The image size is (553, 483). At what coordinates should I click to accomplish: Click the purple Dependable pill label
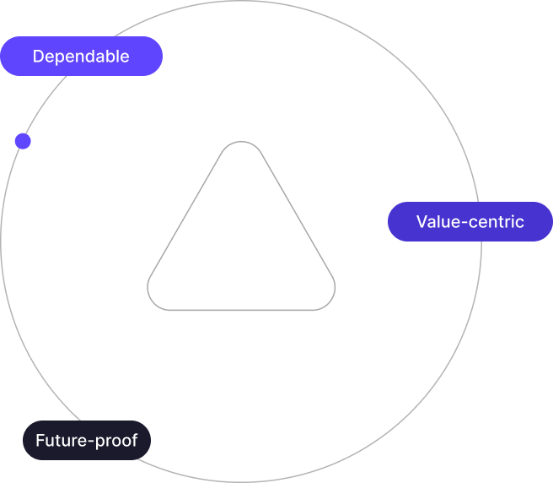tap(81, 57)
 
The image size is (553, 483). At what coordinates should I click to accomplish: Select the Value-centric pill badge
tap(470, 222)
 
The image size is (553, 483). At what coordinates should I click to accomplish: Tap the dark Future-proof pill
tap(86, 440)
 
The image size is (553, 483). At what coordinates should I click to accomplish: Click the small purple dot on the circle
tap(23, 141)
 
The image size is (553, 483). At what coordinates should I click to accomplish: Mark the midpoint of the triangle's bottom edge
tap(241, 310)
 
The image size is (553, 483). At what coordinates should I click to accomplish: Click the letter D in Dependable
tap(38, 57)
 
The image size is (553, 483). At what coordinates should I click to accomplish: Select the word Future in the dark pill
tap(62, 440)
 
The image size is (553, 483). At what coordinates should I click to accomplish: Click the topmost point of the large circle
tap(241, 2)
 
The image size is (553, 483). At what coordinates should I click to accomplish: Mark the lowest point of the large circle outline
tap(241, 481)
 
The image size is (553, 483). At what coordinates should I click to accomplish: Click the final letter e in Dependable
tap(125, 57)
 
